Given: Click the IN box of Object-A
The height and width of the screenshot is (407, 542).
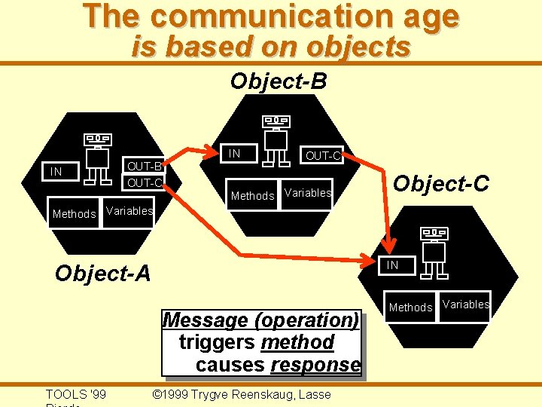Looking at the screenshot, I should point(56,173).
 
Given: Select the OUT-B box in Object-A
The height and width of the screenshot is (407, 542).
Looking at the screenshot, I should point(143,166).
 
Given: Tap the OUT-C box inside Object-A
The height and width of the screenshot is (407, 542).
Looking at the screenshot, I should point(143,183).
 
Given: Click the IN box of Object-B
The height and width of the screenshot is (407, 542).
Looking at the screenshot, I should point(235,154).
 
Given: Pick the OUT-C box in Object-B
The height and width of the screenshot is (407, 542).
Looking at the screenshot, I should point(323,156).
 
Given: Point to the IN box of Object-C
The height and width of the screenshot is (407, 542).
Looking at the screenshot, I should point(393,265).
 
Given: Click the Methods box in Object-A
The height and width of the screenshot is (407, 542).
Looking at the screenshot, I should point(74,214).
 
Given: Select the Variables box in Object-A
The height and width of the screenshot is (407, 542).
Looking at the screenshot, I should point(129,211).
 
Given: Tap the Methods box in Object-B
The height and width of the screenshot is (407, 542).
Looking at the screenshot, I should point(252,196).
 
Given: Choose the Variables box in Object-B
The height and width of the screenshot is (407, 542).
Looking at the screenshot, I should point(307,193).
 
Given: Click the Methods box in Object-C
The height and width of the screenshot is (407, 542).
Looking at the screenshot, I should point(410,308).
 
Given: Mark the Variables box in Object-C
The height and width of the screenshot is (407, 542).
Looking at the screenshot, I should point(466,304).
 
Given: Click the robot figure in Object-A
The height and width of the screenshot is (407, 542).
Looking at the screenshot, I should point(97,158).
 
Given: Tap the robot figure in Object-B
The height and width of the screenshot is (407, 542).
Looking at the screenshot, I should point(276,140).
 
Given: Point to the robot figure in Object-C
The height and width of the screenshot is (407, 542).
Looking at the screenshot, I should point(434,252).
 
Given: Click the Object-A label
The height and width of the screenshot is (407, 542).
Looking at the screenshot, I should point(103,274).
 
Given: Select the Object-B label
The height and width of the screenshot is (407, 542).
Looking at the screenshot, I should point(279,81).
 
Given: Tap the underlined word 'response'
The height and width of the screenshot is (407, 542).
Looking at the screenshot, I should point(315,366).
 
